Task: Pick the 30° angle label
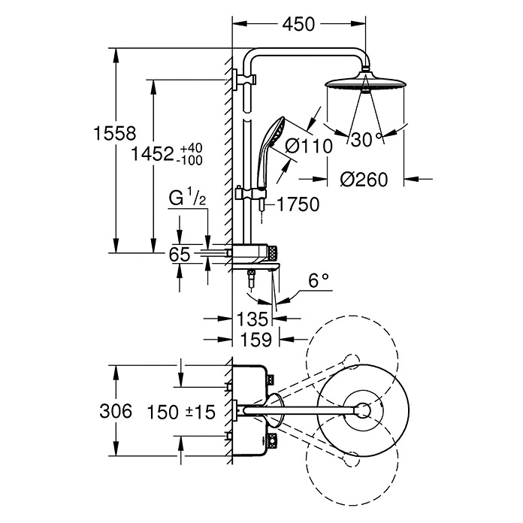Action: pyautogui.click(x=367, y=138)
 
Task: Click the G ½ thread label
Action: pyautogui.click(x=183, y=200)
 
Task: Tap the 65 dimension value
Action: pyautogui.click(x=179, y=255)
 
